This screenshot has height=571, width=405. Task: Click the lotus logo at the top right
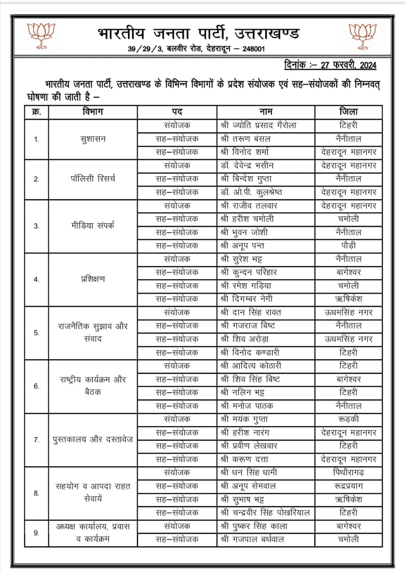pos(362,35)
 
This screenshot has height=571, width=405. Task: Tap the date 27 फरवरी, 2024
pos(330,66)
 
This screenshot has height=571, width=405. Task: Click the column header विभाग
pos(93,112)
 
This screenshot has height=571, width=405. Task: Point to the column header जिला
pos(348,112)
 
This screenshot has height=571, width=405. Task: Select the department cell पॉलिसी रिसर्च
pos(93,179)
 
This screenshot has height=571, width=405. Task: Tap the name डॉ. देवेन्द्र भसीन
pos(247,166)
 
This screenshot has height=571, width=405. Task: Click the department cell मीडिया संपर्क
pos(93,226)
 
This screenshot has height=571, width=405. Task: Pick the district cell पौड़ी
pos(348,246)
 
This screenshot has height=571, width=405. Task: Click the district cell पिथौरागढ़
pos(348,472)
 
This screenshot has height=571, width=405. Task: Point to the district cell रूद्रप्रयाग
pos(348,486)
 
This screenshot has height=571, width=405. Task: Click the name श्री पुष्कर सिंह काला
pos(254,526)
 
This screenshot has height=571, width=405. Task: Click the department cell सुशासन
pos(93,139)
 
